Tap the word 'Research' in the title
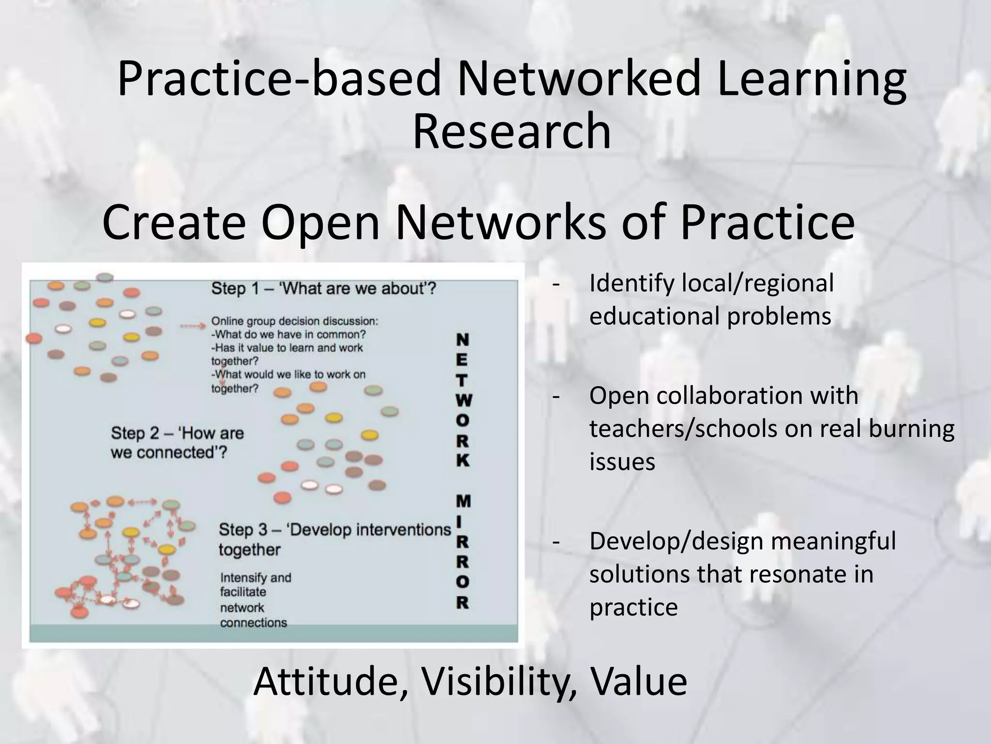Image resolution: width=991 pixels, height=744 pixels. [x=511, y=131]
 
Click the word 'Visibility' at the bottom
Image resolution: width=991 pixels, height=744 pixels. [x=499, y=682]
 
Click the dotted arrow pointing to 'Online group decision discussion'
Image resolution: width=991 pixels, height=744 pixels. [x=193, y=326]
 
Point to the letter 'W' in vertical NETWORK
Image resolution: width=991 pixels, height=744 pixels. [x=463, y=400]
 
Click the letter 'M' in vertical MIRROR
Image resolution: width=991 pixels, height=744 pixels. [x=463, y=501]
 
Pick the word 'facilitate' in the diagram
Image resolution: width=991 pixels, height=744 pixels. [x=243, y=592]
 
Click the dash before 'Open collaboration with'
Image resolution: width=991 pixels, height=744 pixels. [x=556, y=396]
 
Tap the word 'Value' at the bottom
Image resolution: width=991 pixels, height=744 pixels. [x=638, y=682]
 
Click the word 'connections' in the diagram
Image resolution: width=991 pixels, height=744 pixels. [x=253, y=622]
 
